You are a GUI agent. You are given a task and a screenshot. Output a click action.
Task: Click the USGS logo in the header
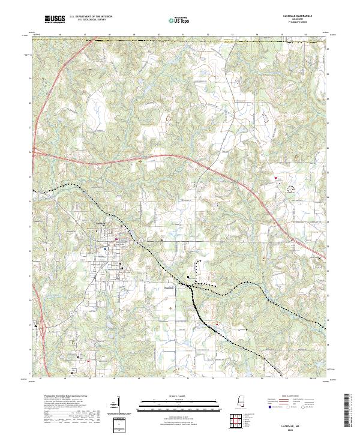click(54, 20)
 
